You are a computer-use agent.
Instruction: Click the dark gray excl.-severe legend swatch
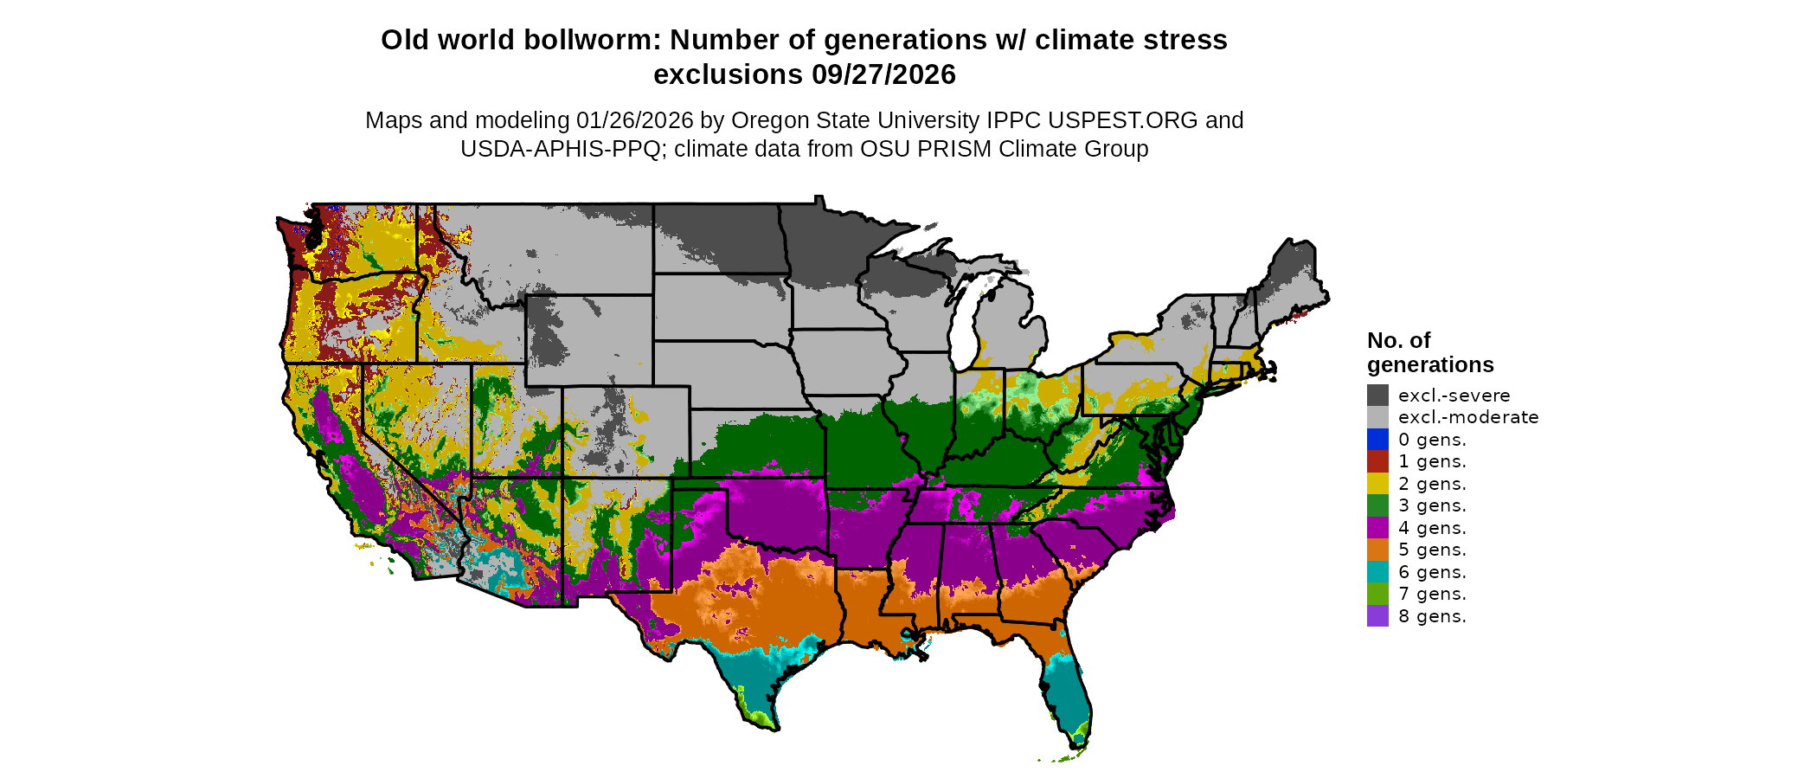click(x=1377, y=396)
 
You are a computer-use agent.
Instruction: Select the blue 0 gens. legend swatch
click(x=1377, y=440)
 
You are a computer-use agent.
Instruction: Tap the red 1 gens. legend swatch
click(x=1377, y=461)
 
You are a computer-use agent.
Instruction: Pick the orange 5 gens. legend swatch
click(x=1377, y=550)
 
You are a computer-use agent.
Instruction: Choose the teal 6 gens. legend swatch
click(x=1377, y=572)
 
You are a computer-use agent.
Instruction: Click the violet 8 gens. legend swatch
click(x=1377, y=616)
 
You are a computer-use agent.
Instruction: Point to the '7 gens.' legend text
click(x=1432, y=594)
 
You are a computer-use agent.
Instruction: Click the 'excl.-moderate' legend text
click(x=1467, y=417)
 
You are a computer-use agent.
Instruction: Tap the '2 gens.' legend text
click(x=1432, y=484)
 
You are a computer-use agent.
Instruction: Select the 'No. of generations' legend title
click(x=1429, y=352)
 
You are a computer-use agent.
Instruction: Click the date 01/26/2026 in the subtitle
click(x=635, y=120)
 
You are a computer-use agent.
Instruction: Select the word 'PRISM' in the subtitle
click(x=954, y=149)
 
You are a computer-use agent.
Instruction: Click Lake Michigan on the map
click(x=962, y=320)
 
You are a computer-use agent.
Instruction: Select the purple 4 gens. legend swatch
click(x=1377, y=528)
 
